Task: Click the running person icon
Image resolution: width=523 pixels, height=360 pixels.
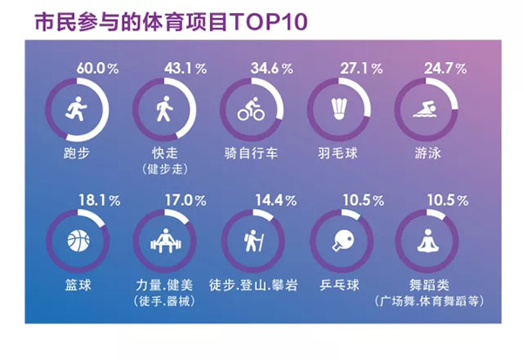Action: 74,110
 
